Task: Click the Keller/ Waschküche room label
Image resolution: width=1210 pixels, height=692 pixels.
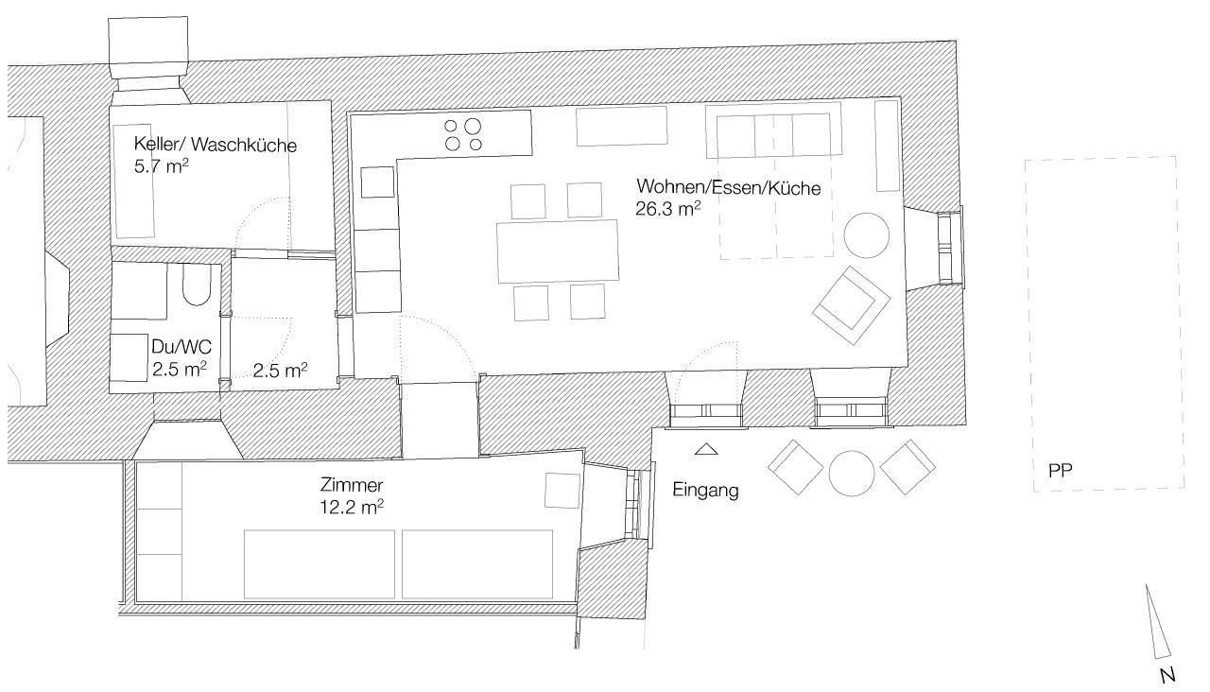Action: [x=215, y=145]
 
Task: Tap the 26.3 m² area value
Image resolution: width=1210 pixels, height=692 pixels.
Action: [x=668, y=209]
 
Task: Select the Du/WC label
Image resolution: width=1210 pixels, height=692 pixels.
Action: [x=181, y=347]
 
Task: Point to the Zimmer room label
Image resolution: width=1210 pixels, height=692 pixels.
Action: [x=352, y=485]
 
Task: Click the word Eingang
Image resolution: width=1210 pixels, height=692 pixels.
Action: [x=705, y=490]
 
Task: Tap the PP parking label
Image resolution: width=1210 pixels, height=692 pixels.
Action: [x=1060, y=471]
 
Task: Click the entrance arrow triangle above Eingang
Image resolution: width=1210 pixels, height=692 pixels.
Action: [x=706, y=449]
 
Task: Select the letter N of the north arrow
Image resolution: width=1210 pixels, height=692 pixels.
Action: [x=1167, y=675]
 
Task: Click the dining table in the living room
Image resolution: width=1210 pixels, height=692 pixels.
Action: [x=558, y=251]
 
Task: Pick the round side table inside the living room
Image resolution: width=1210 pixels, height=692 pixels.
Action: [x=867, y=235]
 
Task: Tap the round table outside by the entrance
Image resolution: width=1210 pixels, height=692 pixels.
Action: [x=852, y=474]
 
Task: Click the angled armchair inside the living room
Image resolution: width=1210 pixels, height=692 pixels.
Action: [x=852, y=305]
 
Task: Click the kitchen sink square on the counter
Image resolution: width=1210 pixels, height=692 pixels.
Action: [x=377, y=182]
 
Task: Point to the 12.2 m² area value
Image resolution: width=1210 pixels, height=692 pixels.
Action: [x=352, y=508]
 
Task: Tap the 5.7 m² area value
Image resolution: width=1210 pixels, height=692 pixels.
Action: [x=161, y=166]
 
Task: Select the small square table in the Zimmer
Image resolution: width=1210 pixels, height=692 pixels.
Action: [x=562, y=491]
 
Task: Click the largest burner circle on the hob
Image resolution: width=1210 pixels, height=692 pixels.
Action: [x=472, y=127]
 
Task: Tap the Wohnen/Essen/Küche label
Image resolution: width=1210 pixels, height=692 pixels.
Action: [x=729, y=187]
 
